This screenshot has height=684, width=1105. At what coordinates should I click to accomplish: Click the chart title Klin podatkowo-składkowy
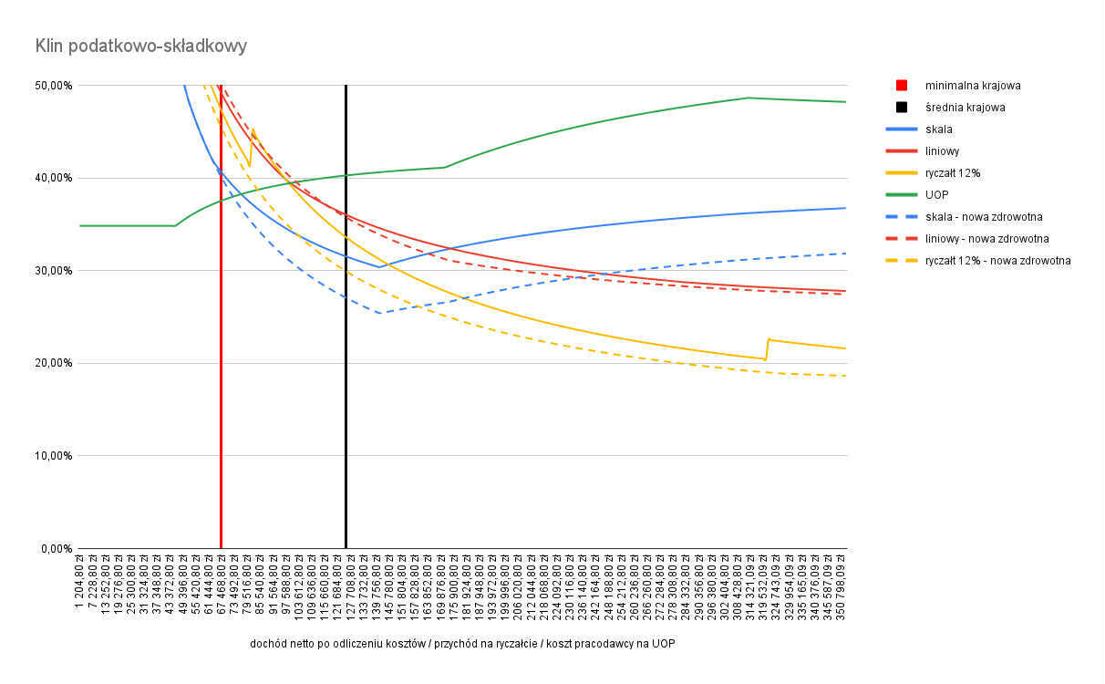point(140,45)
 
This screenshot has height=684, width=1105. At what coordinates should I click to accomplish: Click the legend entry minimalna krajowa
point(972,86)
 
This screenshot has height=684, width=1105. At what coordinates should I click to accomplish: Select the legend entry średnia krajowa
point(966,108)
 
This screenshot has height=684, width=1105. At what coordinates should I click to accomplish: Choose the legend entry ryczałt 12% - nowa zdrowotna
point(997,261)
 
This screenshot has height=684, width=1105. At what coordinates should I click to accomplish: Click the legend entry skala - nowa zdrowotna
point(984,217)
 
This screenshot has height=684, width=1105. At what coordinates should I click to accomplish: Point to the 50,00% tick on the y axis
point(54,86)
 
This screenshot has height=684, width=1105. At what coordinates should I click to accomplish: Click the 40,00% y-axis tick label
point(54,178)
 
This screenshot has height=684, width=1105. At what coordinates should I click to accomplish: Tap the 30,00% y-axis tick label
point(54,271)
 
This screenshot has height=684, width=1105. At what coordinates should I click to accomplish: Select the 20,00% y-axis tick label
point(54,363)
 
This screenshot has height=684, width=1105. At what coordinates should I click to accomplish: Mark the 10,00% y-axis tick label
point(54,456)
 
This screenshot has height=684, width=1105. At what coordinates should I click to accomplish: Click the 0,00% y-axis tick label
point(57,549)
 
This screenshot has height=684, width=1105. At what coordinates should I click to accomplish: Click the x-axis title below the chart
point(462,644)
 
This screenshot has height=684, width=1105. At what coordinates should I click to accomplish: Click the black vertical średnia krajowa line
point(346,410)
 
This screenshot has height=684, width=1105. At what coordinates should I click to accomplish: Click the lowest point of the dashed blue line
point(378,313)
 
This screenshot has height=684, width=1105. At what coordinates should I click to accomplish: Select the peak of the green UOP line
point(748,98)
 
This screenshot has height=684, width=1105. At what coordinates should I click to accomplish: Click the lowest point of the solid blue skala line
point(378,267)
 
